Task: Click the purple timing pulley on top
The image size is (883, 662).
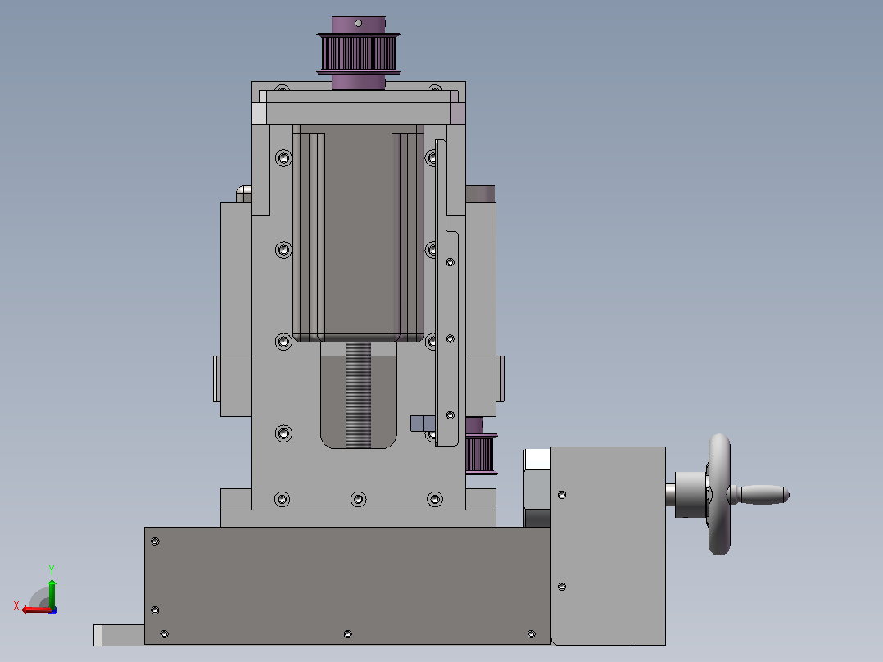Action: [x=358, y=53]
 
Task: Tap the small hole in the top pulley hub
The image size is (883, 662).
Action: [x=358, y=23]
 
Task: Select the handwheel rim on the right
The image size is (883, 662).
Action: [x=719, y=494]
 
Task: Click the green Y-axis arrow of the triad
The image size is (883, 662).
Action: [x=52, y=592]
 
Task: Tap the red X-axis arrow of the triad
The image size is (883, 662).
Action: [x=37, y=610]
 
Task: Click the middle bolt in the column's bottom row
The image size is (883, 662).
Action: [x=358, y=499]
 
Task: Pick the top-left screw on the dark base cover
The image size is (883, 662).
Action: [x=155, y=542]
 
